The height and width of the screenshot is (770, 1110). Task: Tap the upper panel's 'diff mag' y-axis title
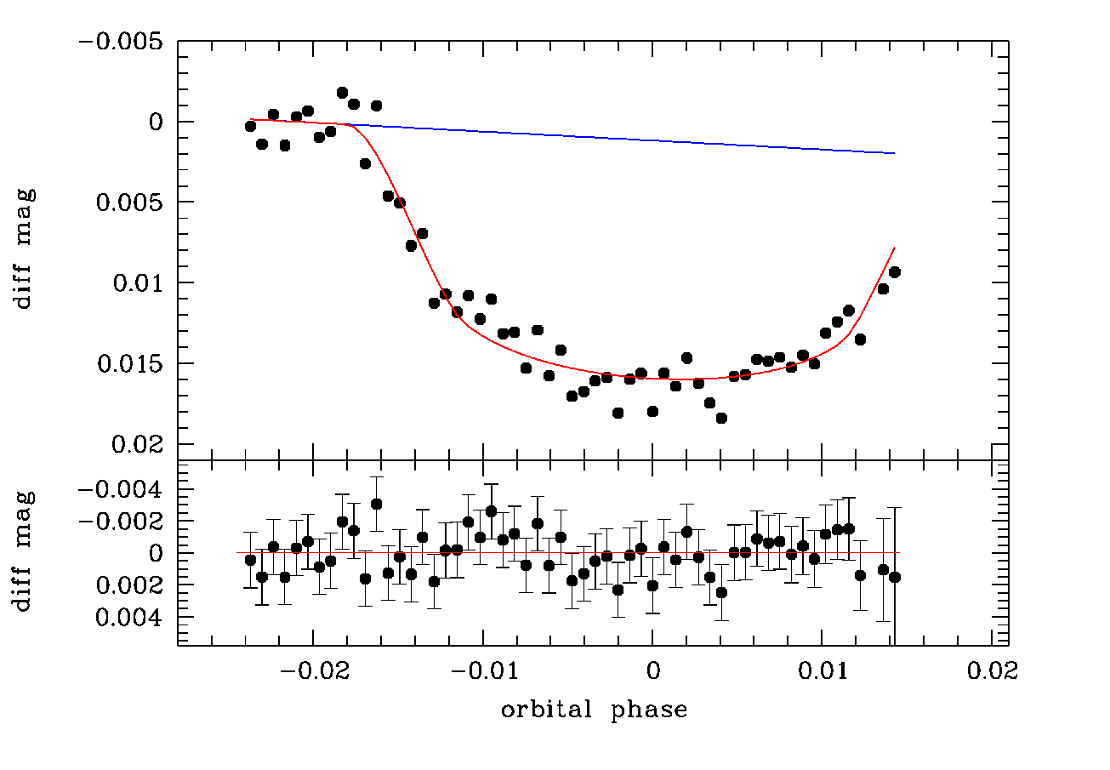[x=23, y=248]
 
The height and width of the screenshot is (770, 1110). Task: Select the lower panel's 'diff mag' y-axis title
[x=23, y=551]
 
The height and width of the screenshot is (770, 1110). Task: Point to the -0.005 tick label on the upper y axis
[x=121, y=42]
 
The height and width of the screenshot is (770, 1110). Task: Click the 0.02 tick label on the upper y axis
[x=137, y=444]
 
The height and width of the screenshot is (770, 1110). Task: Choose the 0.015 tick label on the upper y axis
[x=130, y=363]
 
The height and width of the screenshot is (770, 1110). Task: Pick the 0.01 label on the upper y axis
[x=138, y=282]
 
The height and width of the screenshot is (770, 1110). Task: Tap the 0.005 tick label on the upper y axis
[x=129, y=202]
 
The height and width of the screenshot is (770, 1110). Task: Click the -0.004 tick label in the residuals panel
[x=121, y=490]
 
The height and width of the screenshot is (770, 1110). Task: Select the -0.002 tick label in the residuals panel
[x=121, y=521]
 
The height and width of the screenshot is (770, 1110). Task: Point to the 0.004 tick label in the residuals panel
[x=128, y=618]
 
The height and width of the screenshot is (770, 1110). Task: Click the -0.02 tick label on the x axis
[x=316, y=671]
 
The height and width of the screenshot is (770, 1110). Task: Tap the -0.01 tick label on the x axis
[x=485, y=671]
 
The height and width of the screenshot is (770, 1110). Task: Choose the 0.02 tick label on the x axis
[x=993, y=671]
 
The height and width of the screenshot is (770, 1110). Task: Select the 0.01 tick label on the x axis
[x=823, y=671]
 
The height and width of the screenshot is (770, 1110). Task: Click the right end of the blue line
[x=895, y=153]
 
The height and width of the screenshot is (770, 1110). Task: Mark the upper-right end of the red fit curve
[x=895, y=247]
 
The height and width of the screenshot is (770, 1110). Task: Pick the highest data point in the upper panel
[x=342, y=93]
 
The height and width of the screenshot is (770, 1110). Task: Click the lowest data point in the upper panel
[x=721, y=418]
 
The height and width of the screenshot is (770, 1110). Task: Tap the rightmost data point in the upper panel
[x=895, y=272]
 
